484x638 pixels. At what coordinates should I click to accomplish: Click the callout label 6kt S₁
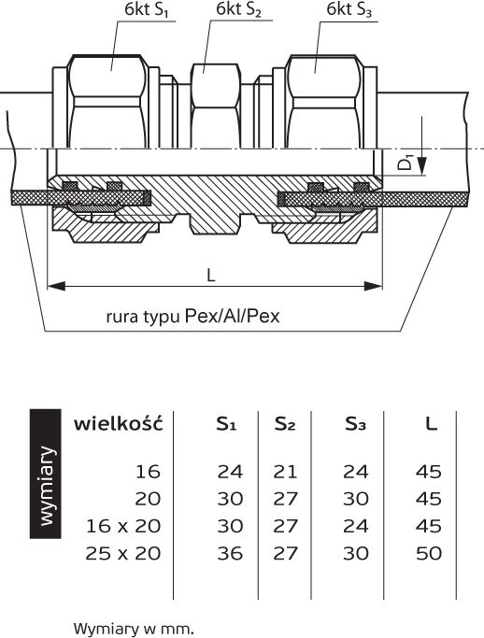click(x=147, y=10)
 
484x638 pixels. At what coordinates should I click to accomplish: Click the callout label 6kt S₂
click(x=238, y=9)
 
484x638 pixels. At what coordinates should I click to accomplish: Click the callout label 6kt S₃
click(x=349, y=9)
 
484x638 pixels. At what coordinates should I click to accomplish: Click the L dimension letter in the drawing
click(x=210, y=276)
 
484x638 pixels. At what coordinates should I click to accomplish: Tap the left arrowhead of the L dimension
click(x=56, y=286)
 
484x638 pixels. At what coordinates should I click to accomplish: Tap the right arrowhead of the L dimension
click(x=374, y=286)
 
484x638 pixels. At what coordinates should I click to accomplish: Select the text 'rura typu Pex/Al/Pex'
click(x=193, y=316)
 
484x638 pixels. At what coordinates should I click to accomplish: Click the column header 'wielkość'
click(x=119, y=423)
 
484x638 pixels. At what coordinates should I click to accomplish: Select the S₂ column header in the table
click(x=285, y=424)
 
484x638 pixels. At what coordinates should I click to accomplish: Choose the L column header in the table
click(x=431, y=424)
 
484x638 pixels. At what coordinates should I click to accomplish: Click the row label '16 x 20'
click(x=123, y=526)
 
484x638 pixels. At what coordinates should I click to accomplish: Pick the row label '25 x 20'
click(x=123, y=553)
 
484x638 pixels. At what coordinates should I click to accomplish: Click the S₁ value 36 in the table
click(x=230, y=553)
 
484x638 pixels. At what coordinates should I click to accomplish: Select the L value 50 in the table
click(x=429, y=553)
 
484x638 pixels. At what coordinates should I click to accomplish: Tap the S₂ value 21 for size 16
click(x=285, y=472)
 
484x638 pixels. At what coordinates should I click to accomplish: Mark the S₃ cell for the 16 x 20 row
click(x=355, y=526)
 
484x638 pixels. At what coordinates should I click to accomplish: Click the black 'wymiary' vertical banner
click(x=46, y=474)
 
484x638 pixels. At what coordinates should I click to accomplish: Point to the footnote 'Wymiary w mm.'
click(x=134, y=629)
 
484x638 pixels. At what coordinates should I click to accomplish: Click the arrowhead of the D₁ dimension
click(x=422, y=165)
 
